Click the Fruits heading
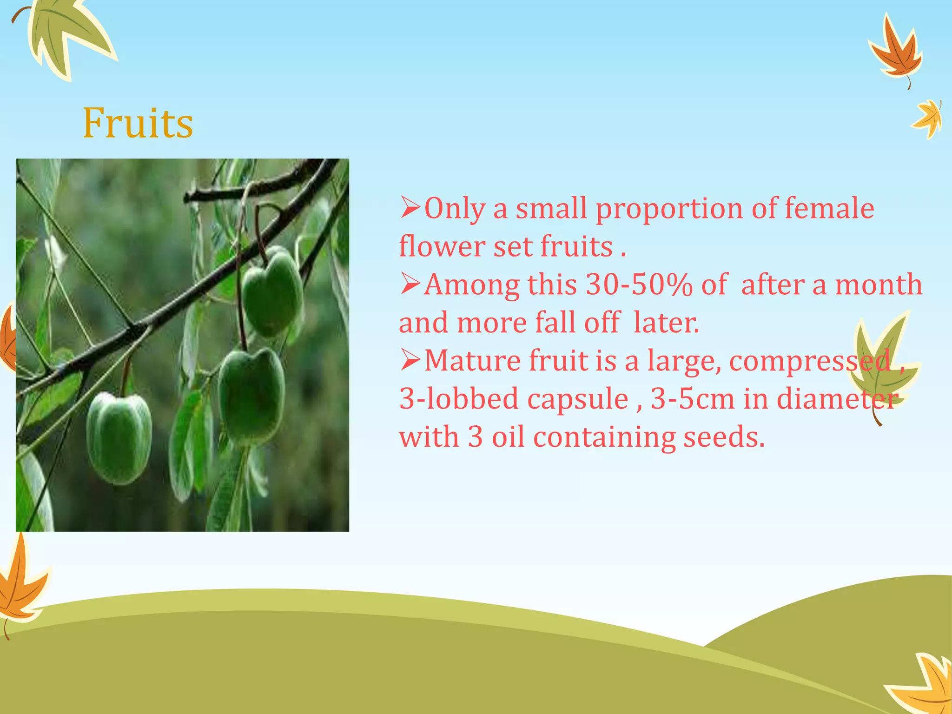pyautogui.click(x=138, y=123)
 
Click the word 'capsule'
pyautogui.click(x=578, y=398)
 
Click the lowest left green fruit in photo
pyautogui.click(x=119, y=437)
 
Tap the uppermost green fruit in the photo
pyautogui.click(x=272, y=293)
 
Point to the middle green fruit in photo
pyautogui.click(x=251, y=395)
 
